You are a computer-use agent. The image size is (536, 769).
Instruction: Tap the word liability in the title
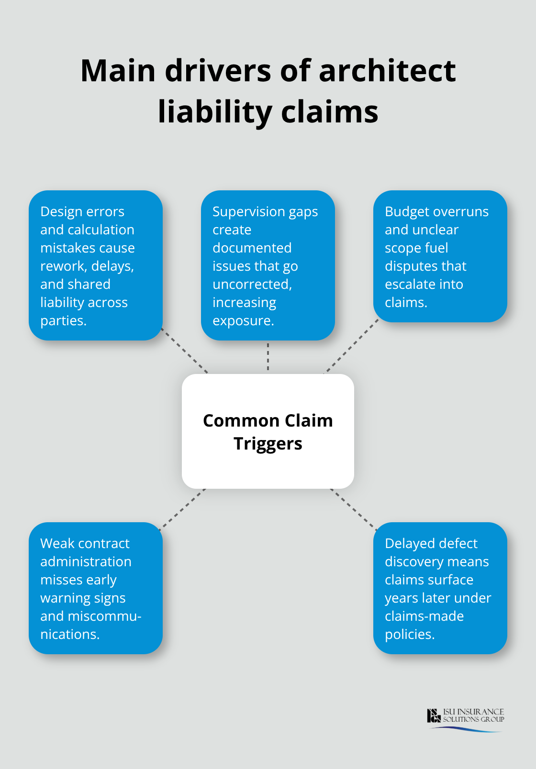[x=215, y=112]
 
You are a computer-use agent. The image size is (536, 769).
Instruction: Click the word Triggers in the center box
[x=268, y=444]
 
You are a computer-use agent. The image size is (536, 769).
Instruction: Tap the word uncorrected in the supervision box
[x=252, y=285]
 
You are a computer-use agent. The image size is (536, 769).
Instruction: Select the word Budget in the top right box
[x=407, y=212]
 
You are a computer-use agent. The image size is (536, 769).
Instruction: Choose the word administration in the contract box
[x=86, y=562]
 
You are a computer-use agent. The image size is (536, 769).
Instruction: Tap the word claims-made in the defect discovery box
[x=424, y=616]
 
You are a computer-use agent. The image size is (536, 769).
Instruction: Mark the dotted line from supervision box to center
[x=268, y=357]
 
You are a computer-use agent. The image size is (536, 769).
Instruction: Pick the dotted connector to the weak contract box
[x=183, y=509]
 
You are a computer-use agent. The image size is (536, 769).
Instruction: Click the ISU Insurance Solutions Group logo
[x=466, y=719]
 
